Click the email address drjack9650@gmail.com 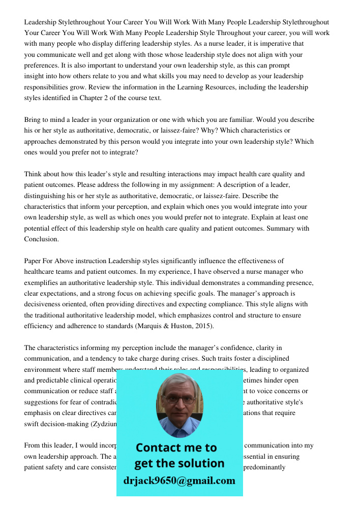tap(179, 481)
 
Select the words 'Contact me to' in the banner tap(176, 448)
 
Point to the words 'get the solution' tap(179, 463)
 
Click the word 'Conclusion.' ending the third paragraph tap(41, 239)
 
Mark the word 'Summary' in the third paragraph tap(282, 229)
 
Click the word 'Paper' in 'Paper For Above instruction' tap(33, 261)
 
